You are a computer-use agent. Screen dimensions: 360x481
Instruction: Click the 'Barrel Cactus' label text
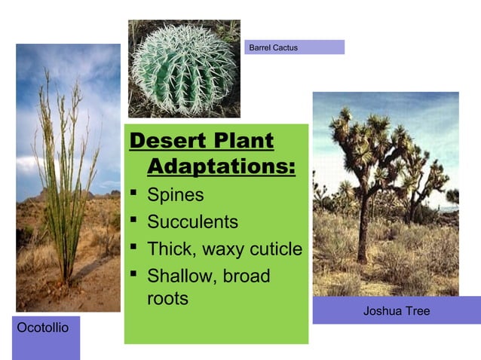tap(273, 47)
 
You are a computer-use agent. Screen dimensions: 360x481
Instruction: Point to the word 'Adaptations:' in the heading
tap(221, 166)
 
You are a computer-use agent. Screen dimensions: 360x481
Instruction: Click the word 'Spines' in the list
tap(175, 195)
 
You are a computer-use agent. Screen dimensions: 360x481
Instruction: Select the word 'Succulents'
tap(192, 222)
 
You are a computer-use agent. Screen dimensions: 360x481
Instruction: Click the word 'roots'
tap(167, 298)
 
